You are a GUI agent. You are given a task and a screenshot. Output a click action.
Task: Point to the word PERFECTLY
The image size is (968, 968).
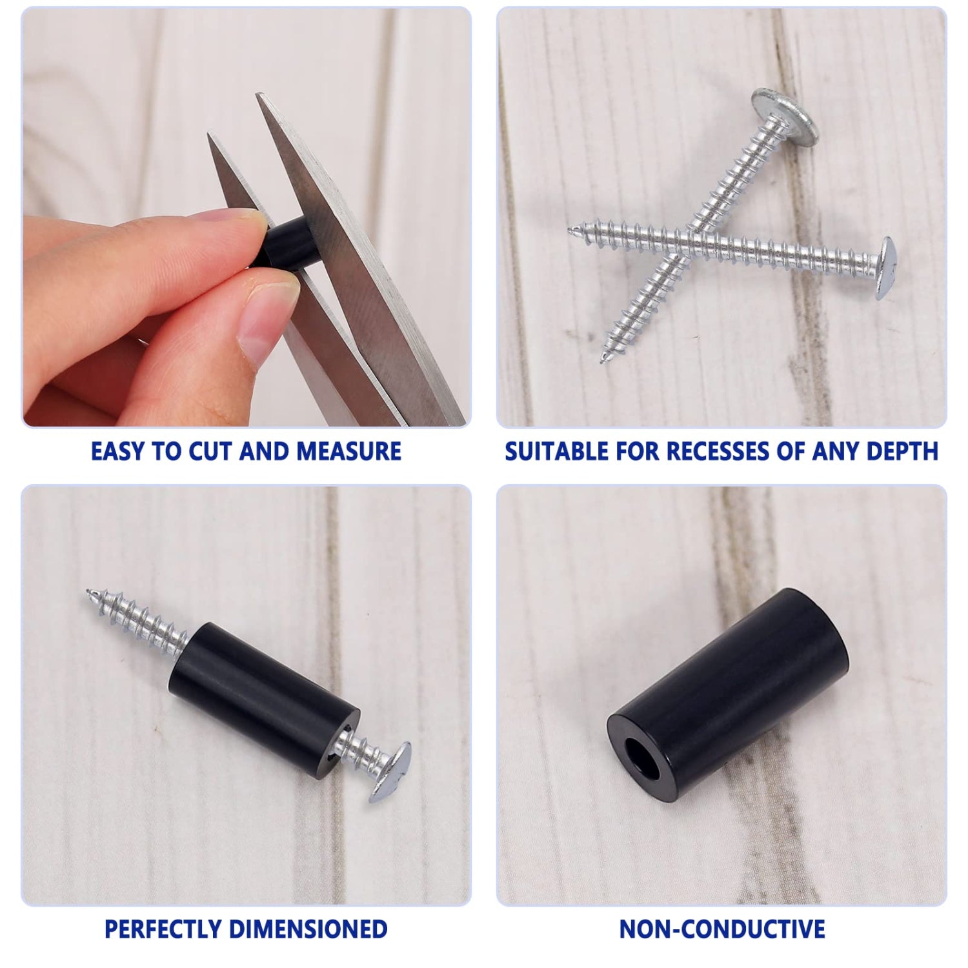click(x=163, y=929)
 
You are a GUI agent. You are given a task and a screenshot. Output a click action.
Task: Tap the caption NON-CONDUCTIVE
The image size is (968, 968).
click(x=722, y=929)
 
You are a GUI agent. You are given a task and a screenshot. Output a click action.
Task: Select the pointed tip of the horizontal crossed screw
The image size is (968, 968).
click(x=570, y=229)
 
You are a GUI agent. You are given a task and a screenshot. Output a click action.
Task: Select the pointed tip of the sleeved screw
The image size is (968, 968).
click(x=88, y=591)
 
